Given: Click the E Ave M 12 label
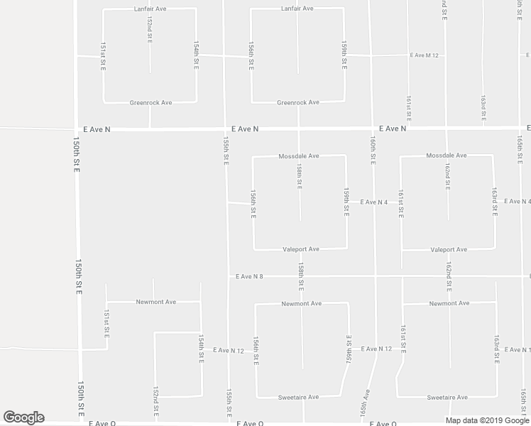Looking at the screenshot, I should click(x=425, y=55).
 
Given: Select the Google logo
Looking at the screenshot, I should click(x=23, y=417).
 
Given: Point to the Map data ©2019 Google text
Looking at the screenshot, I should click(x=487, y=420).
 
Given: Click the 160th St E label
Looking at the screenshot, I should click(x=371, y=151).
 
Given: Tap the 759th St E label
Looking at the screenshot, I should click(x=348, y=349).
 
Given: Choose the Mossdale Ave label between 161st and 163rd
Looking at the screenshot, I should click(x=447, y=155).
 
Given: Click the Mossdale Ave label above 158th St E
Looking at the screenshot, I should click(x=299, y=155).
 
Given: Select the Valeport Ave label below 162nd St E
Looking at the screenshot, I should click(x=449, y=250).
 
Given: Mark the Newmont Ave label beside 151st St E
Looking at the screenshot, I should click(x=155, y=302).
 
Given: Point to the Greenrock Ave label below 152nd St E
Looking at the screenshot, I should click(x=150, y=102).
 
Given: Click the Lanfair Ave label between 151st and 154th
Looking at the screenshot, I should click(x=149, y=9).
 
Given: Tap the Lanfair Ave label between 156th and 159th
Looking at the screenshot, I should click(x=296, y=9).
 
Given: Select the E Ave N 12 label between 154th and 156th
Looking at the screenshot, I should click(x=229, y=351).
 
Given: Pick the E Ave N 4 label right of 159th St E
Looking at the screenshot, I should click(x=373, y=202).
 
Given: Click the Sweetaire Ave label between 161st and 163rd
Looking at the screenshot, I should click(x=447, y=398).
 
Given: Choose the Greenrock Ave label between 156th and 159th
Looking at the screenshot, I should click(x=297, y=102).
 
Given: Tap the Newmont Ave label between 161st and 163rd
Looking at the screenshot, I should click(x=449, y=303).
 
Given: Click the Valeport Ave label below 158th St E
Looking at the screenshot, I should click(x=301, y=249).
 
